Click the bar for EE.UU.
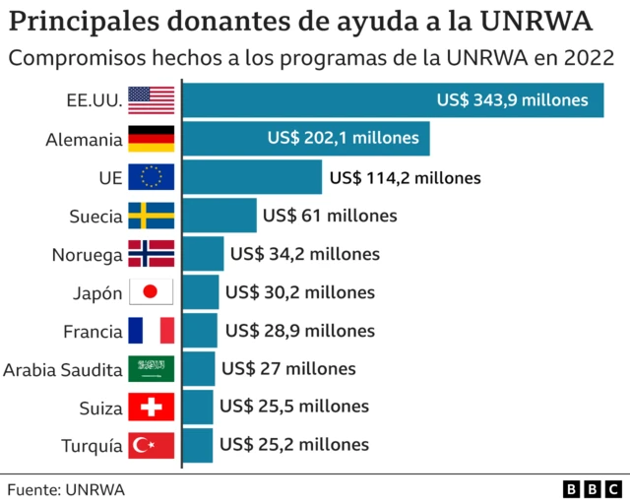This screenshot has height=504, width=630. (x=394, y=100)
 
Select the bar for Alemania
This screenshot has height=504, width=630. (x=306, y=139)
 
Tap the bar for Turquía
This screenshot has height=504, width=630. (x=198, y=445)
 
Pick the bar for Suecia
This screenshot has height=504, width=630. (x=220, y=216)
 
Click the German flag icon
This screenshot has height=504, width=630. (x=152, y=139)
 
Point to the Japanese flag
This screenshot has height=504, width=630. (x=152, y=292)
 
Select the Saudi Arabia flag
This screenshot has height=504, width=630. (x=152, y=369)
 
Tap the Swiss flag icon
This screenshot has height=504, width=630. (x=152, y=407)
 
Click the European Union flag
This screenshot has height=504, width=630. (x=152, y=177)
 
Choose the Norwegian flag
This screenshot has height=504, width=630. (x=152, y=254)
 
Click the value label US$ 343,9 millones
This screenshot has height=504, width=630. (x=513, y=99)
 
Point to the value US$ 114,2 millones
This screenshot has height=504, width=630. (x=405, y=178)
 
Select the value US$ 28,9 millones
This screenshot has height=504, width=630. (x=300, y=331)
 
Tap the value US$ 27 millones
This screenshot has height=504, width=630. (x=288, y=369)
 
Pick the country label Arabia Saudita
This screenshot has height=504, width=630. (x=63, y=370)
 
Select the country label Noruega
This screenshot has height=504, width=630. (x=87, y=255)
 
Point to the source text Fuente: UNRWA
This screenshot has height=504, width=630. (x=66, y=488)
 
